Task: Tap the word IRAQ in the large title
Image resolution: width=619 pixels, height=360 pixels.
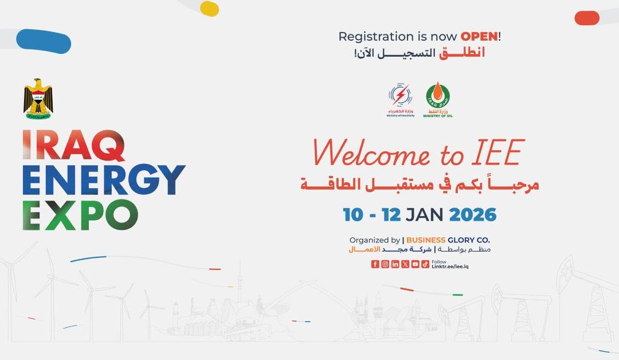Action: tap(73, 146)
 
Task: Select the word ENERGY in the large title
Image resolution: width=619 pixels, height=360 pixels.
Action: tap(104, 180)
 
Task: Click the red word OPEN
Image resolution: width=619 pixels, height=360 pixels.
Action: tap(479, 36)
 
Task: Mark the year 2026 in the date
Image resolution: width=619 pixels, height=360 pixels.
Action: tap(473, 215)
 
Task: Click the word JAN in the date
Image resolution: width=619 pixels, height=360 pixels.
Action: tap(424, 215)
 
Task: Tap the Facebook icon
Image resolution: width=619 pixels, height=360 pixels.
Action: tap(375, 264)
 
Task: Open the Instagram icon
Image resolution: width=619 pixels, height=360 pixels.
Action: tap(385, 264)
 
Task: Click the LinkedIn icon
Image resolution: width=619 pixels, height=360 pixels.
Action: tap(395, 264)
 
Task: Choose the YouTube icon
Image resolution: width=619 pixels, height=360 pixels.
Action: tap(415, 264)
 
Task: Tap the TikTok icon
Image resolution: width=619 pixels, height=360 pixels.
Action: tap(425, 264)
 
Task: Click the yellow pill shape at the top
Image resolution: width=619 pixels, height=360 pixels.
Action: tap(209, 9)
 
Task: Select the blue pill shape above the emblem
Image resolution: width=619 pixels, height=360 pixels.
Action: tap(44, 41)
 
